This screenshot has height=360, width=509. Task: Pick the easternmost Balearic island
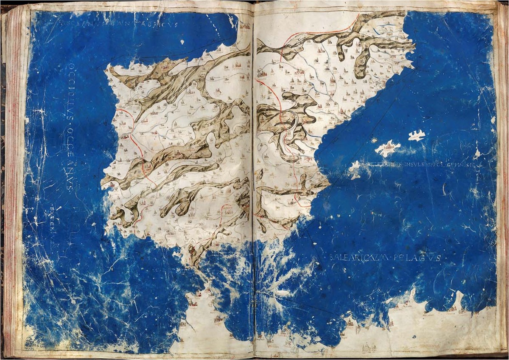(x=417, y=135)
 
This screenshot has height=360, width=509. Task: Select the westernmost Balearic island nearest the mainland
(x=355, y=169)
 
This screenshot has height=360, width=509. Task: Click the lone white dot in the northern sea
(x=182, y=42)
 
